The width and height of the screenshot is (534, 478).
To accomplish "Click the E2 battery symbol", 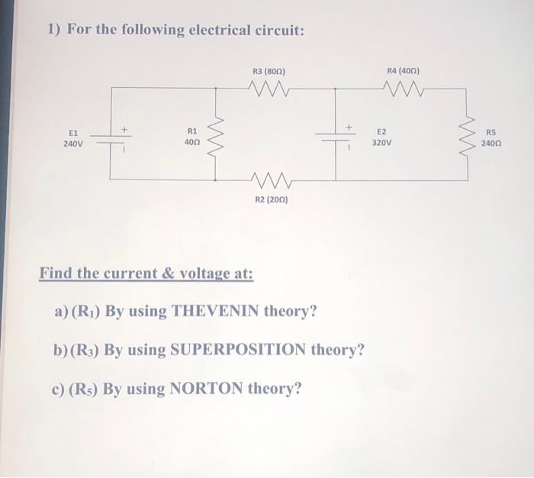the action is (x=333, y=138).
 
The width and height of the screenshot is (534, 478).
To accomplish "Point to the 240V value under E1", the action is (x=74, y=143).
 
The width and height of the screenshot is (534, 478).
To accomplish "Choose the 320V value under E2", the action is (x=382, y=143).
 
